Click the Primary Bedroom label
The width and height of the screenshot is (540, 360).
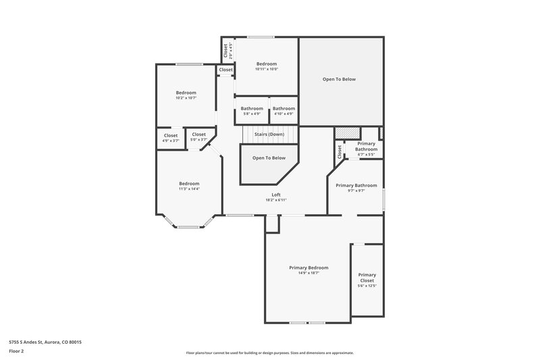point(308,267)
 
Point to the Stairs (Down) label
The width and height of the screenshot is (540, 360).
point(269,134)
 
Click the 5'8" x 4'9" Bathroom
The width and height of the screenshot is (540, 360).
point(252,111)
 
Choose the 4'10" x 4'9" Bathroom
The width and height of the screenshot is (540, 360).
point(283,111)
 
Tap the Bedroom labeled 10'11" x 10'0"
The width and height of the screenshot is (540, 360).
point(267,66)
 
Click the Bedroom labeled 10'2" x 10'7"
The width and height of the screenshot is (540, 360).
point(186,95)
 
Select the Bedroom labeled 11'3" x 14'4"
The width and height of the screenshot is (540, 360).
point(189,186)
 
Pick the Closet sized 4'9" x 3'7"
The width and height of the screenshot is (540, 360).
point(171,137)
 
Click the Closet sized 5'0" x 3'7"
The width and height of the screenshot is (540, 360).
point(198,136)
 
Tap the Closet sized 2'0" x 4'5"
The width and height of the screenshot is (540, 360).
point(226,49)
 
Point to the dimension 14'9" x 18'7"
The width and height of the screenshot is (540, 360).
point(308,273)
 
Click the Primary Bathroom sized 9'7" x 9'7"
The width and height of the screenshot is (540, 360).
point(356,188)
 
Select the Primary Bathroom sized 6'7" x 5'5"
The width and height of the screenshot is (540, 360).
point(367,149)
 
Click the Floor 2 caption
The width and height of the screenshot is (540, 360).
point(16,351)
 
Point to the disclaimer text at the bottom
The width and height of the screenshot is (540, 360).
point(270,353)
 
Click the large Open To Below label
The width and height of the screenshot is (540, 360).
point(339,79)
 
